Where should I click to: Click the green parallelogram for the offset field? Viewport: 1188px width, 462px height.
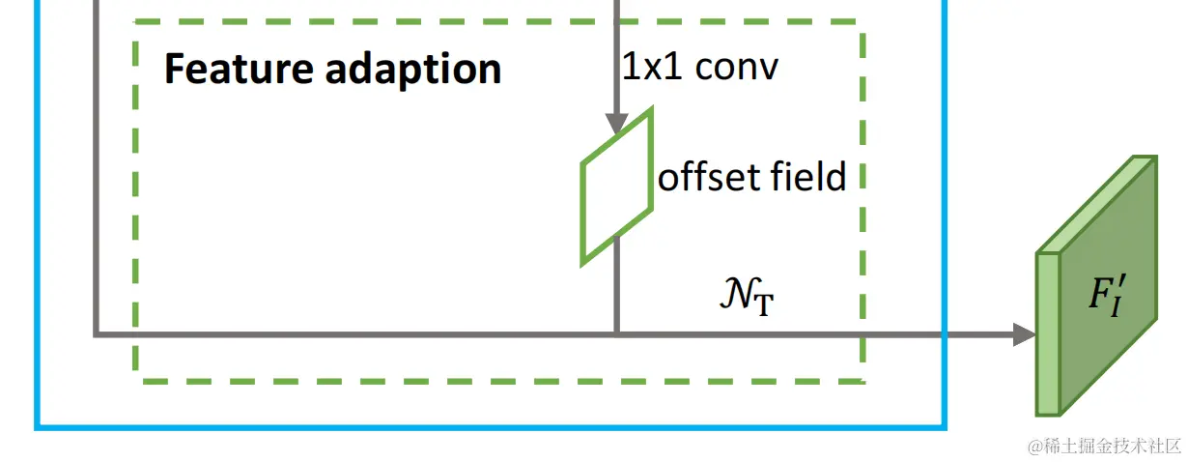616,186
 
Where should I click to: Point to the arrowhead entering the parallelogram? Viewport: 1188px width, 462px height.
616,124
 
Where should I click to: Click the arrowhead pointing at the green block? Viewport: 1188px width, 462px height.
1025,334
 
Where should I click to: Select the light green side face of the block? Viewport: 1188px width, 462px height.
1048,334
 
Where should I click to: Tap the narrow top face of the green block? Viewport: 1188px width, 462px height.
1096,203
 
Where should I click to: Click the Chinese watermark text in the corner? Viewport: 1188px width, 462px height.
1105,446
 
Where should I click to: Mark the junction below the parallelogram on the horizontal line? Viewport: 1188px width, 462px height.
616,334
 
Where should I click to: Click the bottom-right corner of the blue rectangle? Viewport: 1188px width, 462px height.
945,426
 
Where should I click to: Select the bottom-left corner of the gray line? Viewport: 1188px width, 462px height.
97,334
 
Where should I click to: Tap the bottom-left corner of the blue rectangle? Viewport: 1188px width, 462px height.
37,426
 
